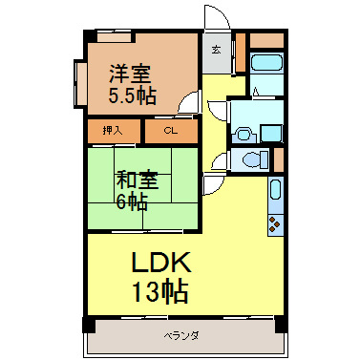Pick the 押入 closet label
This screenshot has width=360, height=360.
pos(113,130)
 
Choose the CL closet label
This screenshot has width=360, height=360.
pos(170,130)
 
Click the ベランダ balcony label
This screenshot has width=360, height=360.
pos(180,335)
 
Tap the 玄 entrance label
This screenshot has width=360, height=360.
pos(216,50)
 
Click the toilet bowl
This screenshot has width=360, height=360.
pos(250,159)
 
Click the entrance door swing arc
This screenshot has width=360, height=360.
pos(217,19)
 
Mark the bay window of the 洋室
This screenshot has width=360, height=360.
pos(75,82)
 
